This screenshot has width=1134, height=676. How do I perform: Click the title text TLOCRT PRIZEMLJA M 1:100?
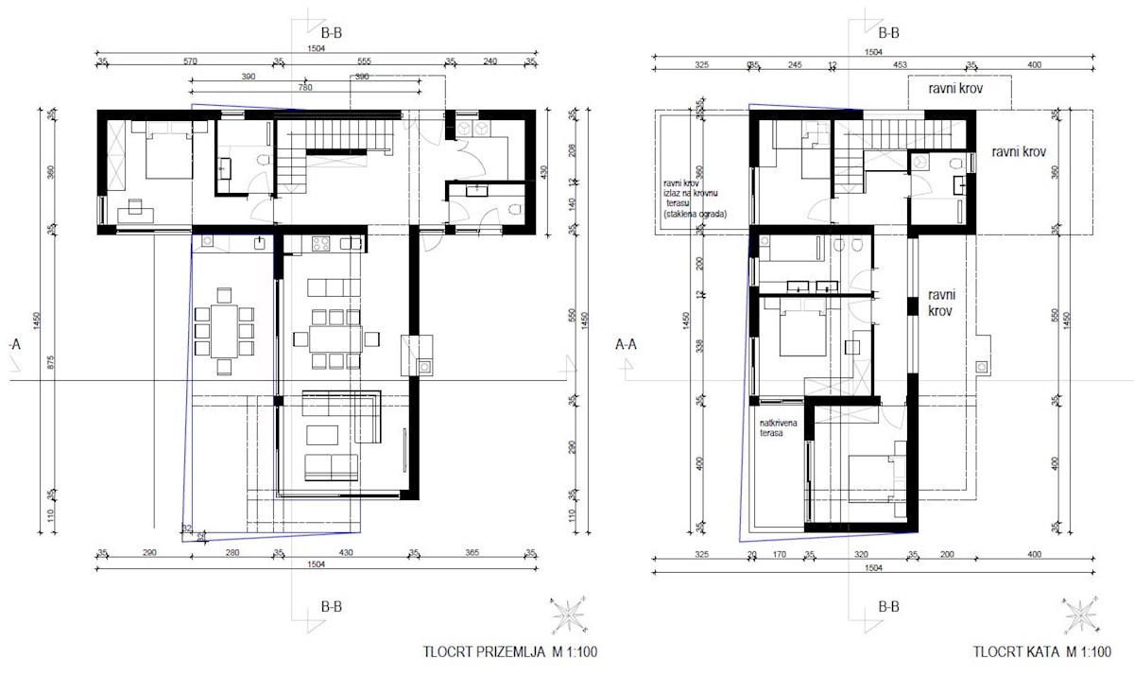point(510,651)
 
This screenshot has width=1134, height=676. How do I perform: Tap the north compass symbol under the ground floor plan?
point(569,615)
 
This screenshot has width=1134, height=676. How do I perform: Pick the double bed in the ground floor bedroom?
point(156,151)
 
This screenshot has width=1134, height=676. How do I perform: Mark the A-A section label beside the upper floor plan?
point(627,345)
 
